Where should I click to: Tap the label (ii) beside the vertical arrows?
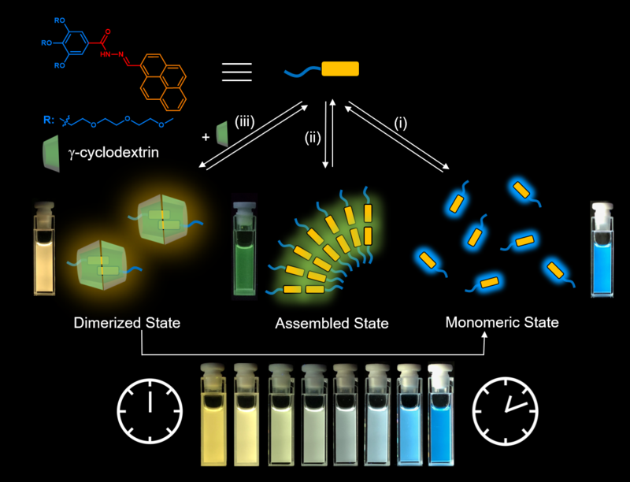pos(313,139)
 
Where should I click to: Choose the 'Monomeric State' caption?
pos(502,322)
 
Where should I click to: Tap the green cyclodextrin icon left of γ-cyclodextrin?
pos(54,150)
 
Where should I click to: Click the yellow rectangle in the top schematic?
pos(340,69)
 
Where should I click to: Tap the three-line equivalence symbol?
pos(237,71)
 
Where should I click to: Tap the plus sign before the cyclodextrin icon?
pos(206,136)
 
